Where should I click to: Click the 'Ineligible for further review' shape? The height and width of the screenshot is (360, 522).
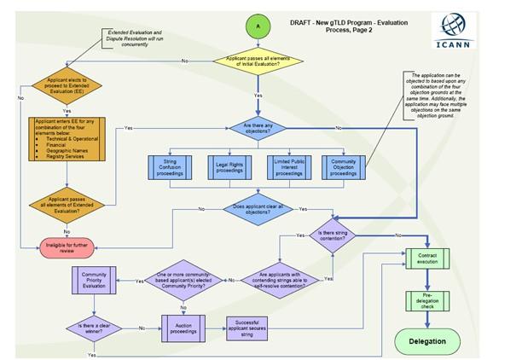click(x=78, y=247)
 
